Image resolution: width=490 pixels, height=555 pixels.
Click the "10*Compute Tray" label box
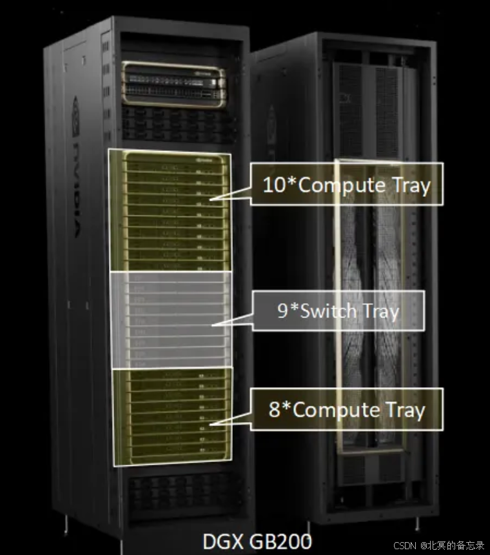pos(346,185)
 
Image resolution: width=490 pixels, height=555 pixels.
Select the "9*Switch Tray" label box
pos(338,310)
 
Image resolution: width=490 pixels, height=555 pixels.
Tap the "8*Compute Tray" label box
pos(346,409)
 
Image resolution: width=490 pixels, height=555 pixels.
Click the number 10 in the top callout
pos(273,185)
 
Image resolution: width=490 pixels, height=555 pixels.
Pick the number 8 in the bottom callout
pos(275,410)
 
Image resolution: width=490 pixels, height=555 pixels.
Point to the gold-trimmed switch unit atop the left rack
pos(174,84)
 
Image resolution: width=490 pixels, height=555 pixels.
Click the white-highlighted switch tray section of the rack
pos(171,319)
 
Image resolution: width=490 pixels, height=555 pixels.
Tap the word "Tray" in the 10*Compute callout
pos(411,185)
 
